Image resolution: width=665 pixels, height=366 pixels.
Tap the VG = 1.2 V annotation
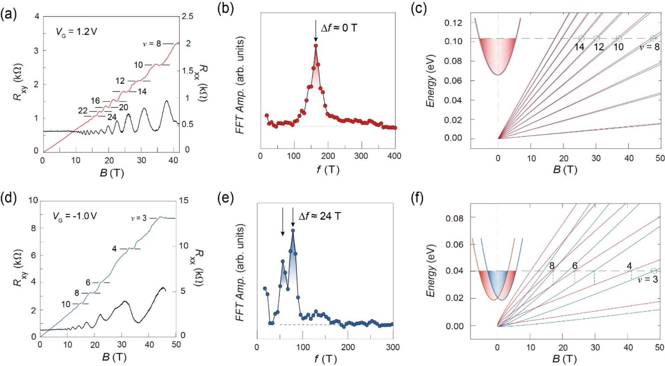pos(76,32)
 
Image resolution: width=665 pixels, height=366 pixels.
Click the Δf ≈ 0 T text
pos(339,28)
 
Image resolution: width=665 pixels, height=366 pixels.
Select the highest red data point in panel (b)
pos(316,46)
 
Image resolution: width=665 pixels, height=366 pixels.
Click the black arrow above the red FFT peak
pos(316,31)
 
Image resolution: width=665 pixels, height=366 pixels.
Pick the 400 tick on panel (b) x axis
pos(394,156)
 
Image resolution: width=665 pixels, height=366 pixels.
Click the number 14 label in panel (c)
pos(579,47)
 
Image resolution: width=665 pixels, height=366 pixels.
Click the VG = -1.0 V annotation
pos(74,216)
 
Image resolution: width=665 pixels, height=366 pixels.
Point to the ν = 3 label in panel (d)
pos(139,218)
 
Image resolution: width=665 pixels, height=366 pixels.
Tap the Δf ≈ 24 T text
pos(320,216)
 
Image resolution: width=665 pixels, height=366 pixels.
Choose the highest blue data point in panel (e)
pos(293,231)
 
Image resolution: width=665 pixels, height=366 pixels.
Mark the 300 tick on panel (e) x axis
pos(393,347)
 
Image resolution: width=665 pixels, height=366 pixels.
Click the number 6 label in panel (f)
pos(575,265)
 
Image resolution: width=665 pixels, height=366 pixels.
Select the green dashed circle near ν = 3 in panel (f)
pos(654,271)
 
